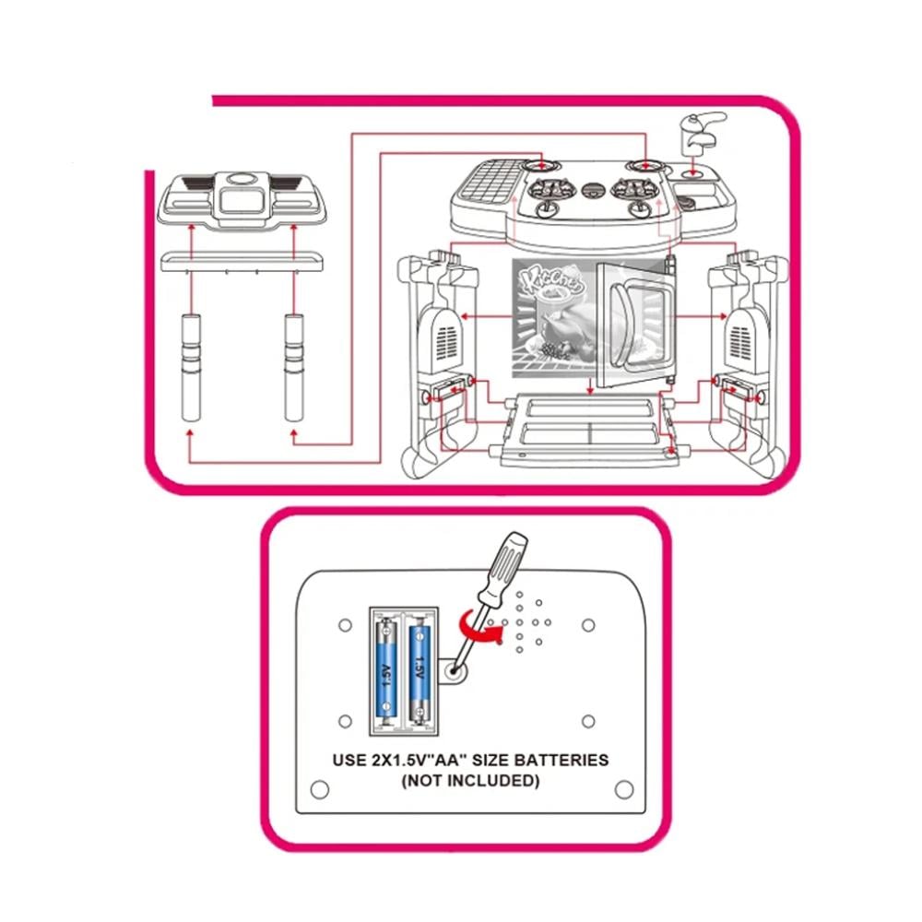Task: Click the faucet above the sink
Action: (702, 130)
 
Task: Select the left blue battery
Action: (386, 671)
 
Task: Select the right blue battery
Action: (420, 671)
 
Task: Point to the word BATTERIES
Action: (561, 760)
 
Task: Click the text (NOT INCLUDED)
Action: (470, 781)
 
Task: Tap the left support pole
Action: (191, 368)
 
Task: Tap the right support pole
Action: (294, 368)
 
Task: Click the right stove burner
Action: (635, 189)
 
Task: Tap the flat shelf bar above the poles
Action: (242, 261)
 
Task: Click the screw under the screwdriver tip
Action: (453, 669)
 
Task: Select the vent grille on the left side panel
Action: (447, 343)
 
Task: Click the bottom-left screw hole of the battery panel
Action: (320, 788)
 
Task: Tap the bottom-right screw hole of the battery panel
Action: (624, 788)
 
